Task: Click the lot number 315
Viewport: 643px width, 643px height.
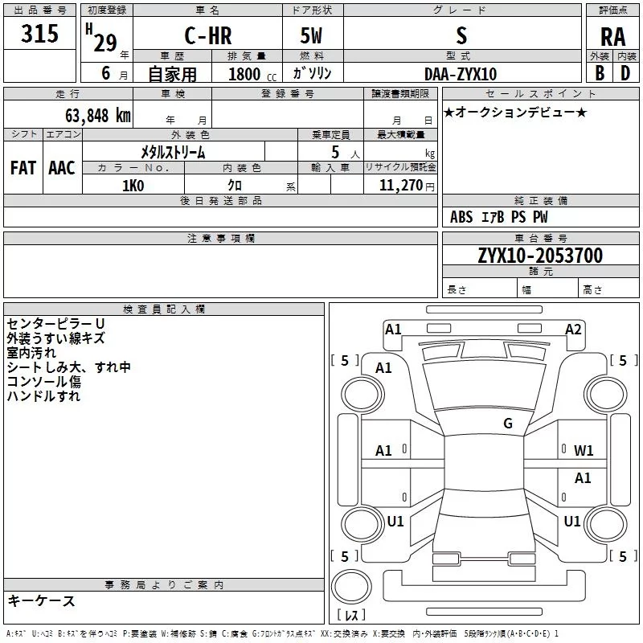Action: [x=40, y=35]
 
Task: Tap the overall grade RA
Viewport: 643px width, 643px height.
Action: [x=612, y=37]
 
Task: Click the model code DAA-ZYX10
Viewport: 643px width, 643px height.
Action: [x=461, y=74]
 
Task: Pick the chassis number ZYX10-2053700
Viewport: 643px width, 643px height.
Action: [x=540, y=256]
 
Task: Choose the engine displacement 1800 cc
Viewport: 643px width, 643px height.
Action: [x=250, y=74]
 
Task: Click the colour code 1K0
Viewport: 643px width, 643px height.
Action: [x=133, y=185]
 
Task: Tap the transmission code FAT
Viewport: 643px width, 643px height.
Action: [x=23, y=168]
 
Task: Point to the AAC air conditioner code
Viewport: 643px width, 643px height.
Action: [x=62, y=168]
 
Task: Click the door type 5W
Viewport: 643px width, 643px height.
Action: [x=313, y=35]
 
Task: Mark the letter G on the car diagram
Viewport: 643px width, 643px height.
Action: [x=508, y=424]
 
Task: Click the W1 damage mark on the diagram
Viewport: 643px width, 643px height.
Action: [x=584, y=451]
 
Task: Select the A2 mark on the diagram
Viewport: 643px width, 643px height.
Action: [x=573, y=330]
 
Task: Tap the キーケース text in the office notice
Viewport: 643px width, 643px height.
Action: [x=42, y=600]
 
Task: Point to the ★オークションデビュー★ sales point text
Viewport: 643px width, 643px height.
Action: [x=514, y=112]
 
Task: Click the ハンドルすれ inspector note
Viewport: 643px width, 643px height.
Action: [x=43, y=395]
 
